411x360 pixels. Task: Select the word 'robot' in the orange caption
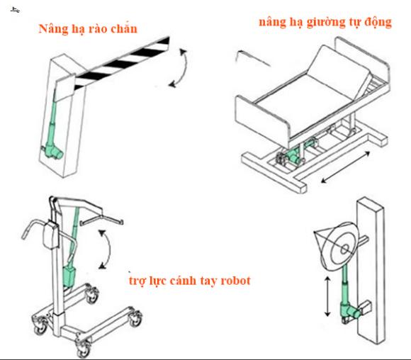236,281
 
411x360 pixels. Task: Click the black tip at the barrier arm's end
165,43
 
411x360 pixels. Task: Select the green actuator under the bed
296,153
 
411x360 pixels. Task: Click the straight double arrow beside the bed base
346,167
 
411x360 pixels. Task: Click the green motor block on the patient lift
69,277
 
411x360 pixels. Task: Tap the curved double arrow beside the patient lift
106,249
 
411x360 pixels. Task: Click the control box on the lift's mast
51,235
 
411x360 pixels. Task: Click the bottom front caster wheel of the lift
84,349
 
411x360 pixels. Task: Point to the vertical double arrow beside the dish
327,296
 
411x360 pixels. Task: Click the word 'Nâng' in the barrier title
53,29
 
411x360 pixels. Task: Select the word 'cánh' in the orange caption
183,281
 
